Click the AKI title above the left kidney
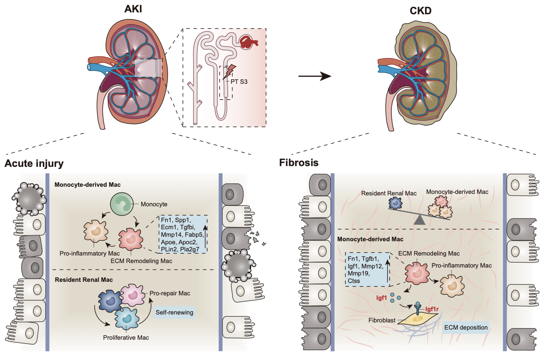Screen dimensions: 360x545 [x=133, y=9]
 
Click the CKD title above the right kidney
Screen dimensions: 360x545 [x=420, y=11]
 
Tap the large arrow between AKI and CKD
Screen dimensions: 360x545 [x=315, y=76]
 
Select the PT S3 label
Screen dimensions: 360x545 [x=239, y=82]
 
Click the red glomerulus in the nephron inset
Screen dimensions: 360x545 [x=248, y=42]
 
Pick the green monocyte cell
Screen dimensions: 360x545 [x=122, y=204]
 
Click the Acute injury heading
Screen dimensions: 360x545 [x=34, y=163]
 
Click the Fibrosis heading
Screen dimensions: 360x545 [x=299, y=163]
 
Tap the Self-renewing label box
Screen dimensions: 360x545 [x=174, y=312]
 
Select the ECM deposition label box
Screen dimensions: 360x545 [x=466, y=327]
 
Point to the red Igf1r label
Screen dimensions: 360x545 [x=432, y=309]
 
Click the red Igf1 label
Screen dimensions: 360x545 [x=381, y=298]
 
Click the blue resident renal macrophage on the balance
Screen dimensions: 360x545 [x=395, y=203]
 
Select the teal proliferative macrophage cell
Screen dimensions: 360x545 [x=127, y=319]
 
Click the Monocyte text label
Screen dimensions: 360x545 [x=154, y=204]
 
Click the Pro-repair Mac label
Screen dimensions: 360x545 [x=170, y=293]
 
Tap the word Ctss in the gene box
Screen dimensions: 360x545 [x=354, y=281]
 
